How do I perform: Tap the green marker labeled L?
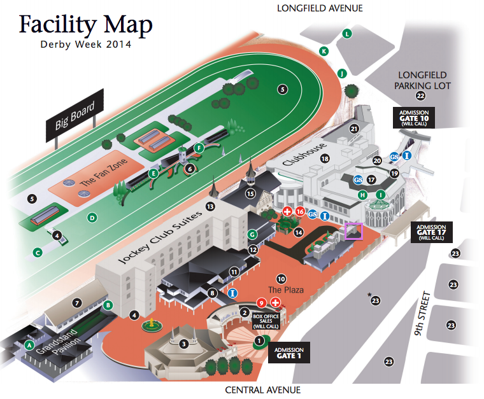click(x=347, y=34)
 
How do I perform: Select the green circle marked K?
click(x=324, y=51)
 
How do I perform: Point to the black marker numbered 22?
click(x=420, y=96)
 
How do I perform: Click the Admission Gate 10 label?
click(x=413, y=118)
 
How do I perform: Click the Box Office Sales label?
click(x=266, y=320)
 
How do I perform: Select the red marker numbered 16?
click(x=300, y=211)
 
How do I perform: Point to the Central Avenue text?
click(x=262, y=389)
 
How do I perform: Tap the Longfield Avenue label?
click(x=320, y=8)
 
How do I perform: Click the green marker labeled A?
click(x=29, y=345)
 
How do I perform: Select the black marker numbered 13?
click(x=210, y=206)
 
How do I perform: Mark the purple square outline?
click(x=353, y=231)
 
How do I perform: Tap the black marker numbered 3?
click(x=183, y=344)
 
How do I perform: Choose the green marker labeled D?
click(x=92, y=218)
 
